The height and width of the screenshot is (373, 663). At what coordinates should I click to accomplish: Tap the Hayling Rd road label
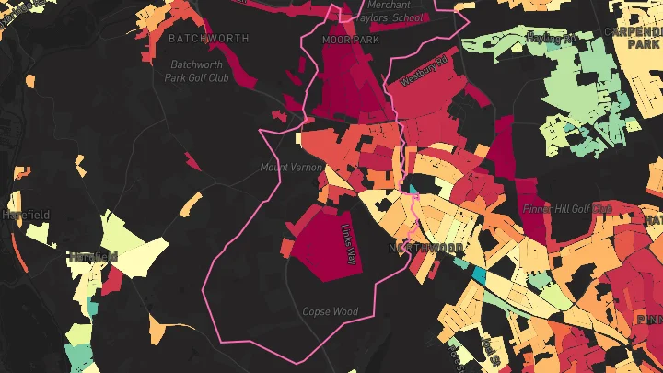(551, 38)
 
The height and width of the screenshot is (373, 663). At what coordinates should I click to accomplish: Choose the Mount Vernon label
(291, 167)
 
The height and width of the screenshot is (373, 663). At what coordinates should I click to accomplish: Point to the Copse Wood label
(330, 311)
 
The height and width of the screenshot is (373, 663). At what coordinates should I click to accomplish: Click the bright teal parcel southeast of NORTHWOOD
(478, 274)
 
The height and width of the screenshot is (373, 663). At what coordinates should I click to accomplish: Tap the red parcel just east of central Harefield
(111, 281)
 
